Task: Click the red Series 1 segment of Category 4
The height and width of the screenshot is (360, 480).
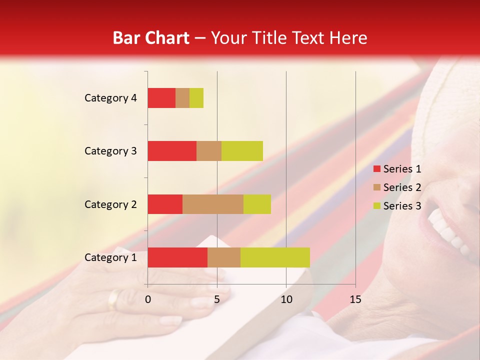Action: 161,98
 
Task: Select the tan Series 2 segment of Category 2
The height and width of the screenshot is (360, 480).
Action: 213,204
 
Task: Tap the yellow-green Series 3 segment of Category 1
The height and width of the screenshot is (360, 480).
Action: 275,257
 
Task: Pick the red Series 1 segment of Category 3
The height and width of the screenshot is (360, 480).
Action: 172,151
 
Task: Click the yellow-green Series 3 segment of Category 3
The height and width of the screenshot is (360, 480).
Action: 242,151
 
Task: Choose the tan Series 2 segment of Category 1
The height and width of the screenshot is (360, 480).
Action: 224,257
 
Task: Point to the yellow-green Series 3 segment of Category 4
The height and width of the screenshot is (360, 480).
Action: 196,98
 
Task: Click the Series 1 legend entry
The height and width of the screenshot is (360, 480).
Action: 397,169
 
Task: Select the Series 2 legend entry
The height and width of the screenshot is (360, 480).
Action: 397,187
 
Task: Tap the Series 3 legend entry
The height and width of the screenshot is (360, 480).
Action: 397,206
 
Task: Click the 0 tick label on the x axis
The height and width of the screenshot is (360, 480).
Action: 148,299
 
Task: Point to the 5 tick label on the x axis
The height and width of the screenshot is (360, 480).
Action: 217,299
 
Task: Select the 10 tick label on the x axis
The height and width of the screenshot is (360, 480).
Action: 286,299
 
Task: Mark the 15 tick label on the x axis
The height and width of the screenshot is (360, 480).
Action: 355,299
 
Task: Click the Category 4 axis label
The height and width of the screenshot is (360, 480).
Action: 110,98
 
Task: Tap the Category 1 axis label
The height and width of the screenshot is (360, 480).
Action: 110,257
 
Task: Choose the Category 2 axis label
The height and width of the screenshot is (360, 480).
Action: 110,204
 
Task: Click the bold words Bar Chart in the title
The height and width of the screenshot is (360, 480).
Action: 151,38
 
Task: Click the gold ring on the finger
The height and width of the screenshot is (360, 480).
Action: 114,299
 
